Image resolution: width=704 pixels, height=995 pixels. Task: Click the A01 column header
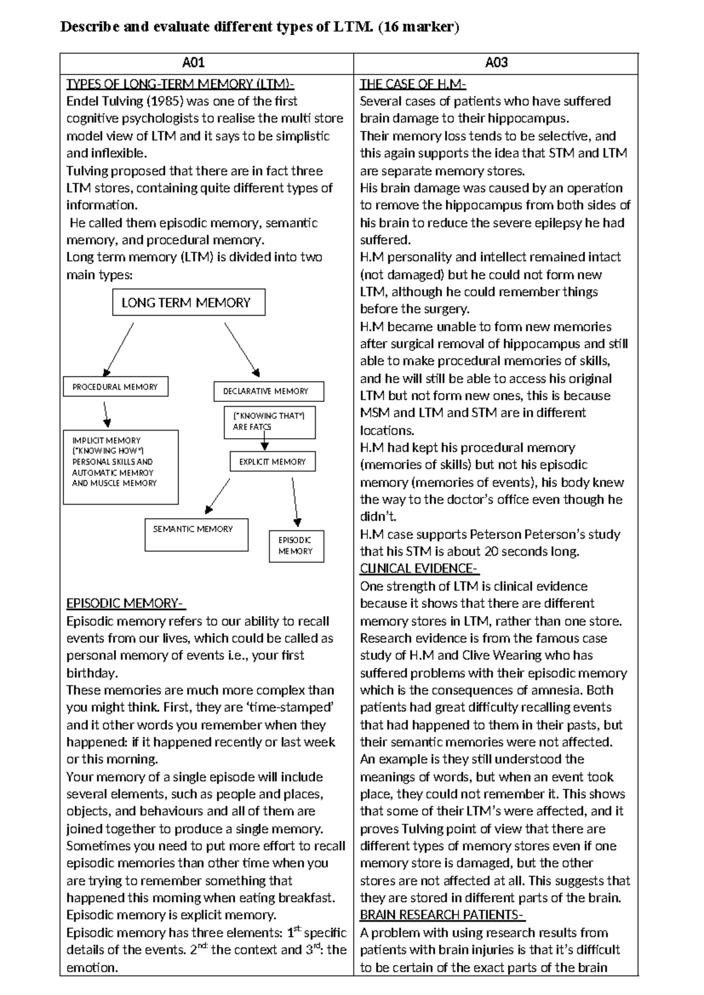193,63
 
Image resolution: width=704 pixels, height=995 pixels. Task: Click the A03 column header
496,63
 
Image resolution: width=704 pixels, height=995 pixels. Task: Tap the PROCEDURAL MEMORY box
116,387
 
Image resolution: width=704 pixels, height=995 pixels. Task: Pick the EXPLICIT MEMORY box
272,462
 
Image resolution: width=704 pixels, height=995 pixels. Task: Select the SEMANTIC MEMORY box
196,534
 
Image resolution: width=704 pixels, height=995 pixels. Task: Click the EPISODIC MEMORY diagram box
296,546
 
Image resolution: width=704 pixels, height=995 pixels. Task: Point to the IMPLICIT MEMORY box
120,467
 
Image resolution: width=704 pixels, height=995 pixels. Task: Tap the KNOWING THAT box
269,422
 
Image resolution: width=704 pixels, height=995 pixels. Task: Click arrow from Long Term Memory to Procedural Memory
119,348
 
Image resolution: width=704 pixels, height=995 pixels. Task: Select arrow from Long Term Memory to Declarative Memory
242,348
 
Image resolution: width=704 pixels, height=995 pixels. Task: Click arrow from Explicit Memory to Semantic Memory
217,496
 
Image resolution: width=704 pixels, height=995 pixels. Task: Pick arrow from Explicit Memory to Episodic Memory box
295,502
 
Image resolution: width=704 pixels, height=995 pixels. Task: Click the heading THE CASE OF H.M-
413,84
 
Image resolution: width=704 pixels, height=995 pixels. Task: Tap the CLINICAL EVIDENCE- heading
419,568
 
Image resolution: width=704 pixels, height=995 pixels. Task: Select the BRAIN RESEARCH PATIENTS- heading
442,915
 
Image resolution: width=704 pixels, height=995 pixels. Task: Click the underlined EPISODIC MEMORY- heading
126,604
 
